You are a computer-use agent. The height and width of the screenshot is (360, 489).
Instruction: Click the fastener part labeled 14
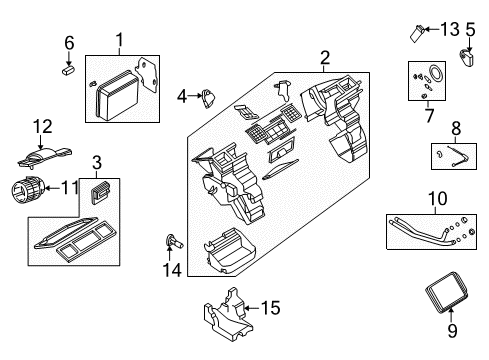point(173,240)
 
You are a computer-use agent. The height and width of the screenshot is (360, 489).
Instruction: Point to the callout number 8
point(456,127)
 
